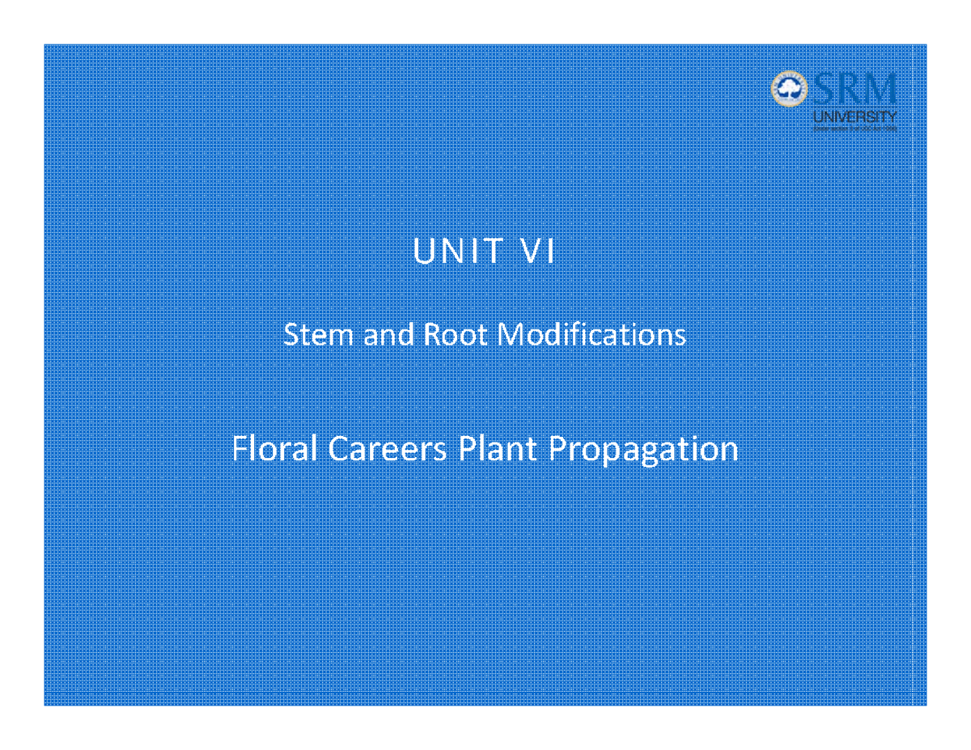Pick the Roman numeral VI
[x=536, y=252]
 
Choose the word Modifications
[x=592, y=334]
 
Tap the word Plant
[x=497, y=449]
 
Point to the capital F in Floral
[x=238, y=449]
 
